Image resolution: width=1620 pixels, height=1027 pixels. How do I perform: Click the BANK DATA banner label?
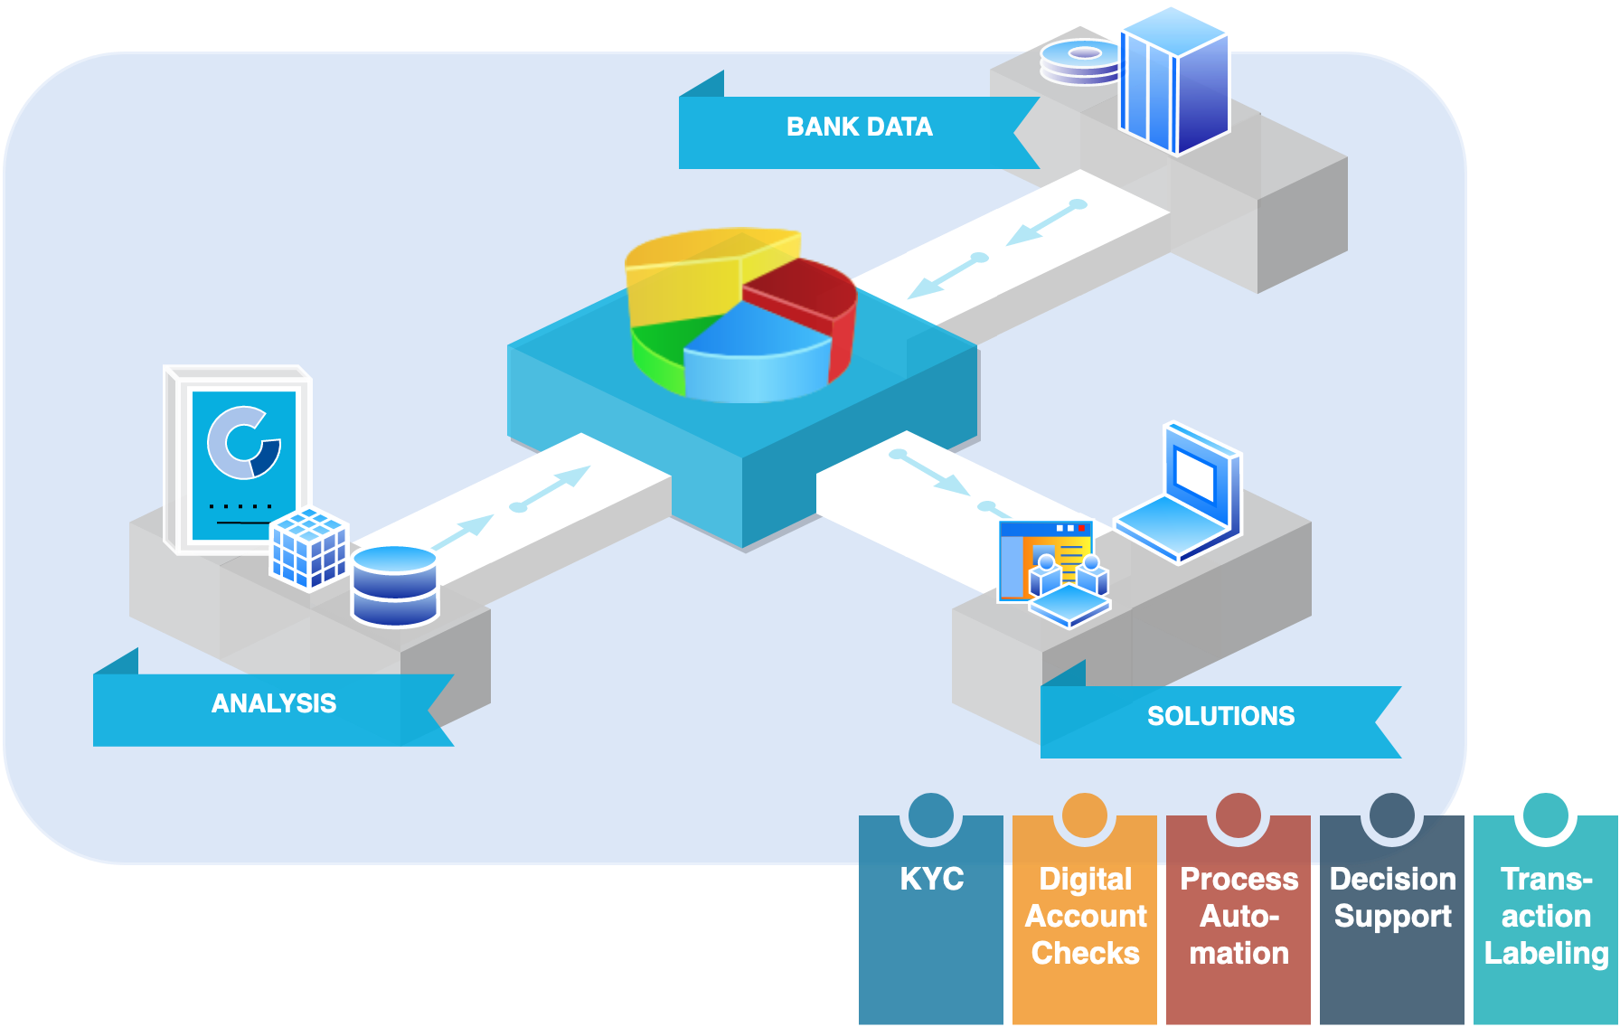(859, 127)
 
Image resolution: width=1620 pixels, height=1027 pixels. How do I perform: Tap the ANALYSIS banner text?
(273, 703)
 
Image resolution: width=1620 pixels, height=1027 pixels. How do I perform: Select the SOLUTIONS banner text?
(1220, 716)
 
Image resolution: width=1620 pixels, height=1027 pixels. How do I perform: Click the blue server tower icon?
(1173, 81)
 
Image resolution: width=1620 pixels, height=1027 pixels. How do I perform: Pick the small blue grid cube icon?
(310, 548)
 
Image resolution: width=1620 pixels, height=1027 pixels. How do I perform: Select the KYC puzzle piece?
(931, 913)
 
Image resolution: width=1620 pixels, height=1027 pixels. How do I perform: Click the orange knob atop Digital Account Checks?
(1085, 815)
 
